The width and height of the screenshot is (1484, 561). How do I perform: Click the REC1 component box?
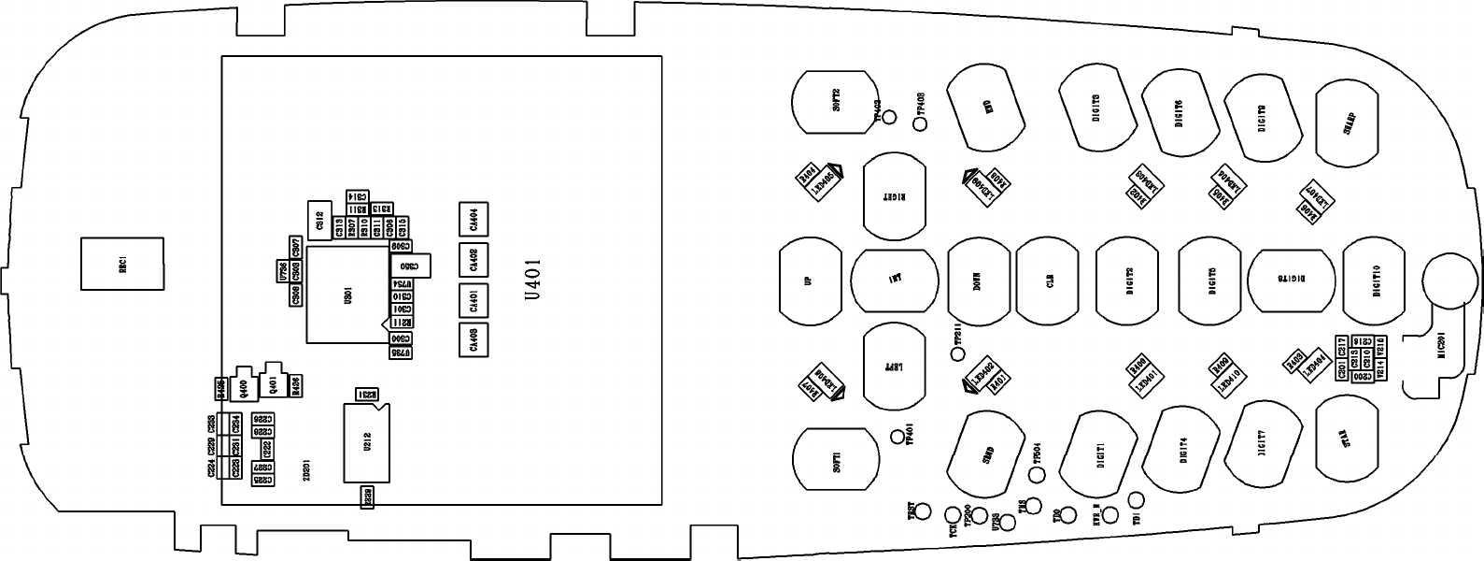121,264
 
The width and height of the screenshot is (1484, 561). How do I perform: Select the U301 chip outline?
347,295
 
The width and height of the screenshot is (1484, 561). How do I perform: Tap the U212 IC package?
366,442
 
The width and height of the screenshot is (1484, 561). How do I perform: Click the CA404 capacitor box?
473,219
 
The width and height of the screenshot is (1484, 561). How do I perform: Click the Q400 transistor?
245,384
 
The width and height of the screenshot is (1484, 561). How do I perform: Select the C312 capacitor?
318,221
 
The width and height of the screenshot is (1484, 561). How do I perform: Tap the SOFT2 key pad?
836,101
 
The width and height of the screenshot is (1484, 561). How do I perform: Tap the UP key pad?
810,280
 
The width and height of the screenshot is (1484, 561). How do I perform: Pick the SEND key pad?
987,454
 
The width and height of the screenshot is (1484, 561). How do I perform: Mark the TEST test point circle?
924,511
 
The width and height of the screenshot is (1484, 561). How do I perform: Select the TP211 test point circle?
956,352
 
